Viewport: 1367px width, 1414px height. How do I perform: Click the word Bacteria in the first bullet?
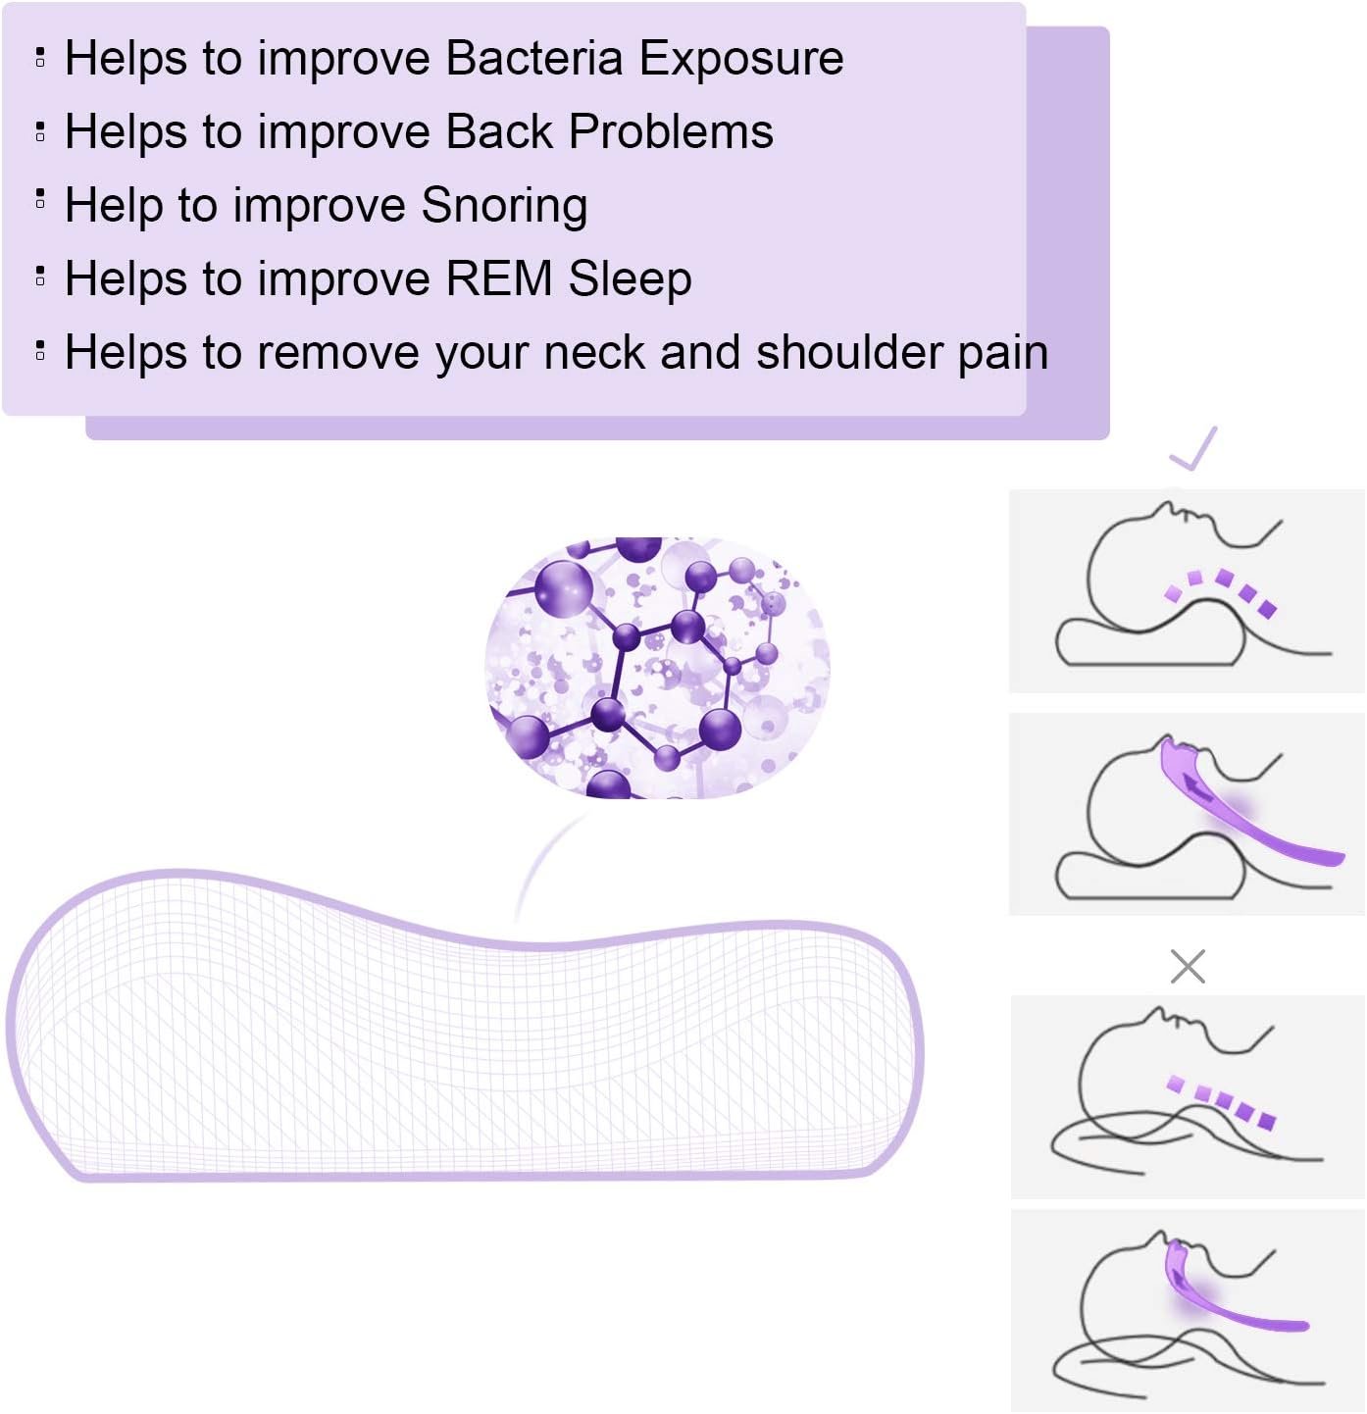(534, 58)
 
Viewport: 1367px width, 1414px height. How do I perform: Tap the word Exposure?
(741, 58)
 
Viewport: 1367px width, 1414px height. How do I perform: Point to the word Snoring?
(504, 206)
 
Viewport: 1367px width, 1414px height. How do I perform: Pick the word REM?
(499, 278)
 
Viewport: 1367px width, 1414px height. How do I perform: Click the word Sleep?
(630, 279)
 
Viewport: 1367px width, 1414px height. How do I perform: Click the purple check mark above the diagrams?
(1193, 448)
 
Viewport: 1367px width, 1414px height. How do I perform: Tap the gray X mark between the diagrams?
(1188, 967)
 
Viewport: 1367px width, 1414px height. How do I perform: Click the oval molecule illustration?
(658, 667)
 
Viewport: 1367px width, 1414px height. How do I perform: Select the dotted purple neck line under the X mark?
(1222, 1101)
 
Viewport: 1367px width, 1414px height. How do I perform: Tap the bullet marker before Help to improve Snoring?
(40, 199)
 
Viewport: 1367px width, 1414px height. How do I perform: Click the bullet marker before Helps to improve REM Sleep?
(40, 275)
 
